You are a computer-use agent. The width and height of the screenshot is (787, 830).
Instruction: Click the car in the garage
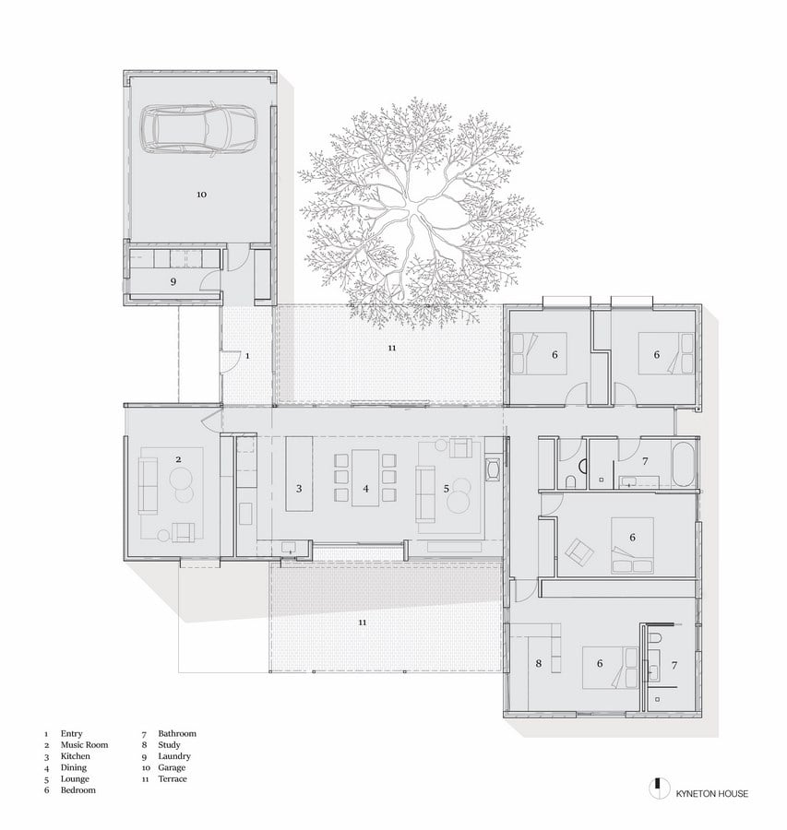[198, 130]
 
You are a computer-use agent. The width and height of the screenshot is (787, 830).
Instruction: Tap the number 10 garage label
[201, 195]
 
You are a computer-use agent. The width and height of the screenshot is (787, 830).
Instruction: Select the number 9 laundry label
[173, 281]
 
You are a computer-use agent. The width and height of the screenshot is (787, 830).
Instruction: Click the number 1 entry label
[247, 356]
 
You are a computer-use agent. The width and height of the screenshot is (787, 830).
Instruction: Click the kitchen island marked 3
[299, 474]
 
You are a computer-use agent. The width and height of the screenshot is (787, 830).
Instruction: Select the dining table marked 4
[365, 478]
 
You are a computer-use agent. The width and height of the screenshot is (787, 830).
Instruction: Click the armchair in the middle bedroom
[579, 551]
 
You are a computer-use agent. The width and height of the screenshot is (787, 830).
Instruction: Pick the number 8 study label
[539, 663]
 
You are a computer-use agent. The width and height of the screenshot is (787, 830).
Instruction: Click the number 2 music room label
[178, 459]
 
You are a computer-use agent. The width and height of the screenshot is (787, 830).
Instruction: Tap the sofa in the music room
[148, 486]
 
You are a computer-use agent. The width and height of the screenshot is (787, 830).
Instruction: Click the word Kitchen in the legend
[76, 756]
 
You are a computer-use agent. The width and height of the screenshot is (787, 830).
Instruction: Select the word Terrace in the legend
[173, 778]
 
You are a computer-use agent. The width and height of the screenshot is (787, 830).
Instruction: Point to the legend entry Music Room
[84, 745]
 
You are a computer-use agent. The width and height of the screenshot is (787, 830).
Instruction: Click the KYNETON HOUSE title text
[711, 793]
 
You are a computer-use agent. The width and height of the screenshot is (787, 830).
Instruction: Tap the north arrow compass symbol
[659, 788]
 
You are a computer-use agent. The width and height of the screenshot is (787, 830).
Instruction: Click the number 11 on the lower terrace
[363, 622]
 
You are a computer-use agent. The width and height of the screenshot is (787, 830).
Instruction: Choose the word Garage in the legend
[172, 767]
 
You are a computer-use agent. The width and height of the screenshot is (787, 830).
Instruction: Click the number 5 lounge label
[447, 489]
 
